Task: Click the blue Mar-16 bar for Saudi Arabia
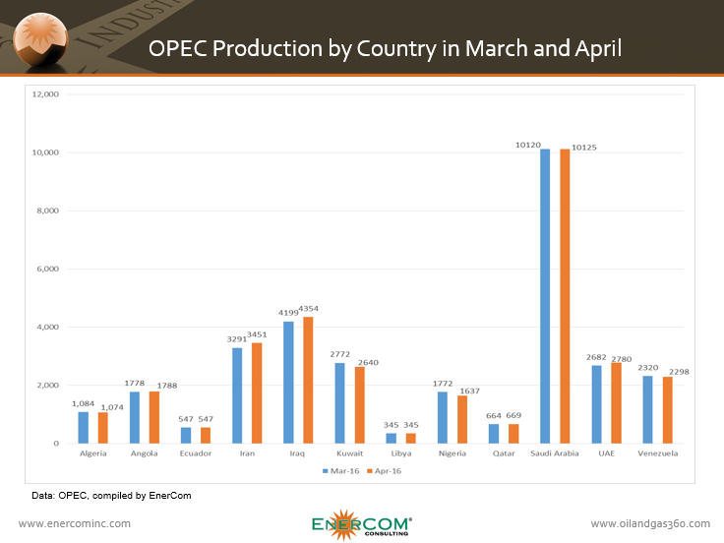click(545, 296)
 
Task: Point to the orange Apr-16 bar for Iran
click(257, 392)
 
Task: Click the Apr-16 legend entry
click(384, 471)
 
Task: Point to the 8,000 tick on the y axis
click(46, 211)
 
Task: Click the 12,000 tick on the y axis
click(46, 94)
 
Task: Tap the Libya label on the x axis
click(400, 453)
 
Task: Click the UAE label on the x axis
click(606, 453)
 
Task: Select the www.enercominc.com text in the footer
click(75, 523)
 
